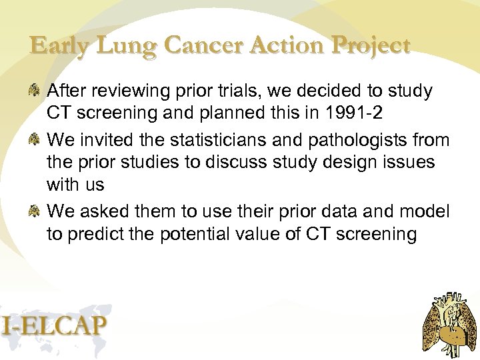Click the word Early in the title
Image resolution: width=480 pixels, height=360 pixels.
pos(59,47)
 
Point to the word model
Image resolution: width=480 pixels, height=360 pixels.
pos(423,212)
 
